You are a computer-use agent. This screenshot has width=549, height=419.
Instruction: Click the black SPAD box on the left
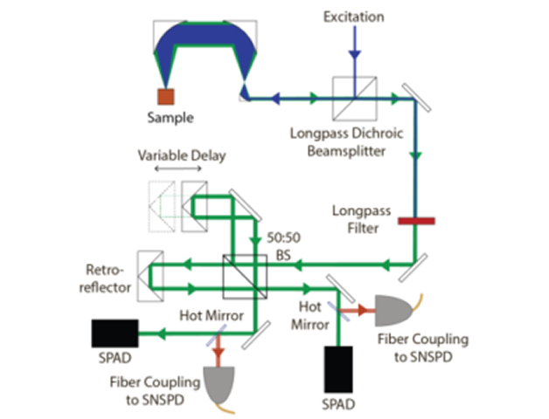point(115,332)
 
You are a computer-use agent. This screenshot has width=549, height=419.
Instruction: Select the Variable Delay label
point(182,156)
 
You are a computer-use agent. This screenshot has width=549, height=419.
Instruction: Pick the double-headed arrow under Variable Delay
point(181,172)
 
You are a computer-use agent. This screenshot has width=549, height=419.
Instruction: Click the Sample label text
point(172,118)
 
